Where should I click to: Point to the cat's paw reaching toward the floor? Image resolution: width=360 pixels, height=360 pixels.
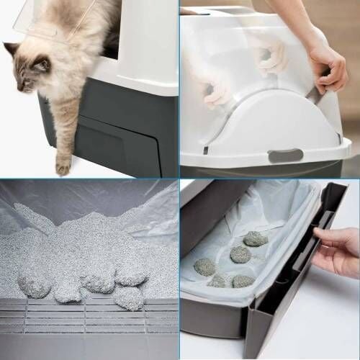click(63, 164)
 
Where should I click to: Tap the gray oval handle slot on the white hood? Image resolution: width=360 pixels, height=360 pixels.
click(286, 156)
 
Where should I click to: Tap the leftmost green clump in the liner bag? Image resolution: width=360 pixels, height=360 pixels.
click(204, 266)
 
